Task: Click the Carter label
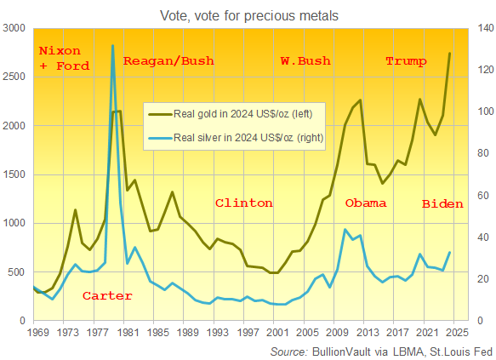[107, 296]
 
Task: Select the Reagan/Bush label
[168, 61]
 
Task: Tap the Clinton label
[243, 203]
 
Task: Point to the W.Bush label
[305, 61]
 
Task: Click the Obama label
[366, 203]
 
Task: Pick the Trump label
[407, 61]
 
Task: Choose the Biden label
[442, 204]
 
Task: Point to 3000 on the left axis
[15, 28]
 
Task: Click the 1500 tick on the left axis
[15, 174]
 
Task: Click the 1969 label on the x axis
[37, 334]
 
